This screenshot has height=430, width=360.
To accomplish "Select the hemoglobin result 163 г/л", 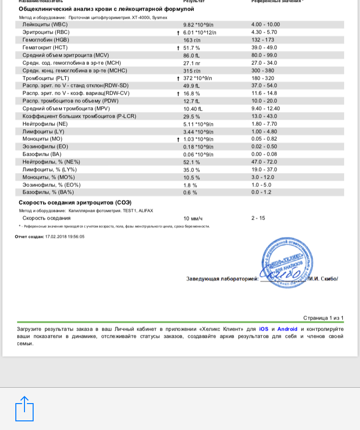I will click(x=192, y=40).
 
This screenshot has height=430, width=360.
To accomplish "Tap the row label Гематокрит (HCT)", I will click(x=45, y=48).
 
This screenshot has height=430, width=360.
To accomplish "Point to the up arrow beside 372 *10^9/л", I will click(x=178, y=78).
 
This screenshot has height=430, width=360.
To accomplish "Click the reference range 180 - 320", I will click(x=263, y=78).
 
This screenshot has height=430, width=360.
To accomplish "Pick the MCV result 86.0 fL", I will click(x=192, y=55).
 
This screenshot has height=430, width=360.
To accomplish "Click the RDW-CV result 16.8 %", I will click(x=192, y=94).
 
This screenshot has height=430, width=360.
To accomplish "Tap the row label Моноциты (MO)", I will click(x=42, y=139).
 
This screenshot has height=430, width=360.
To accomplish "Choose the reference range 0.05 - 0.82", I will click(x=264, y=139).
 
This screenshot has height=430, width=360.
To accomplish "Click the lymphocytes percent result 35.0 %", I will click(x=192, y=170).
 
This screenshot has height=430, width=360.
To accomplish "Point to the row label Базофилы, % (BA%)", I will click(x=48, y=192).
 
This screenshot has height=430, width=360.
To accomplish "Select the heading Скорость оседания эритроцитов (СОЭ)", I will click(x=75, y=203).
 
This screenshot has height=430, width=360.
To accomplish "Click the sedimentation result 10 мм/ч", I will click(x=193, y=219).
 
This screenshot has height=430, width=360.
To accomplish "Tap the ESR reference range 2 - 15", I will click(x=258, y=218).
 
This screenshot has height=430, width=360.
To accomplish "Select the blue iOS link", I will click(x=264, y=329).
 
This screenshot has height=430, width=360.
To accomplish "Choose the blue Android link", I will click(x=287, y=329).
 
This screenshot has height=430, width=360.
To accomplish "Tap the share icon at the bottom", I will click(x=24, y=408).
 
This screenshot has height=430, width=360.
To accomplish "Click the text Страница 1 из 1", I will click(x=323, y=318).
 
